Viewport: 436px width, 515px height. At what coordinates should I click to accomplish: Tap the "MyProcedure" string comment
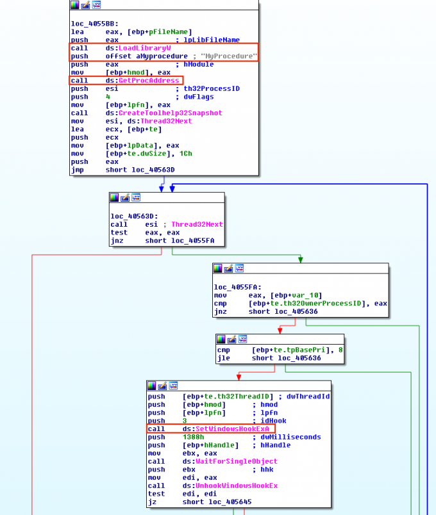229,56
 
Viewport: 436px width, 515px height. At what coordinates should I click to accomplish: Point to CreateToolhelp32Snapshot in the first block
170,113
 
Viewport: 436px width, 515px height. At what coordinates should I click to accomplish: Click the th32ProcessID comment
212,88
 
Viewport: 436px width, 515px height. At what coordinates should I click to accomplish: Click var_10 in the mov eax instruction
294,295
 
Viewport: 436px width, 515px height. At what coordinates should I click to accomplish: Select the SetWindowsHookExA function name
232,429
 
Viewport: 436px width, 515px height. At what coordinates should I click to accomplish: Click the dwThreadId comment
308,396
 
